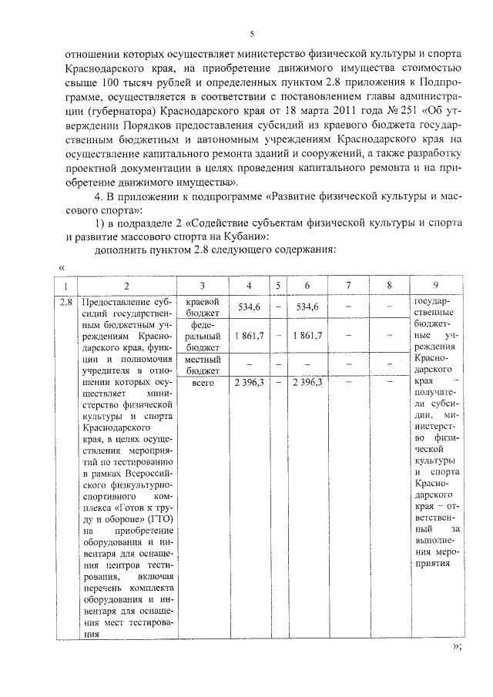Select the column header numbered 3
tap(202, 286)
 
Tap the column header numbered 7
tap(349, 286)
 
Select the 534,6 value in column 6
tap(307, 307)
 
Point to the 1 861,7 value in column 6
tap(307, 336)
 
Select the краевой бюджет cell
tap(202, 307)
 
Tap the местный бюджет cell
tap(202, 364)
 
